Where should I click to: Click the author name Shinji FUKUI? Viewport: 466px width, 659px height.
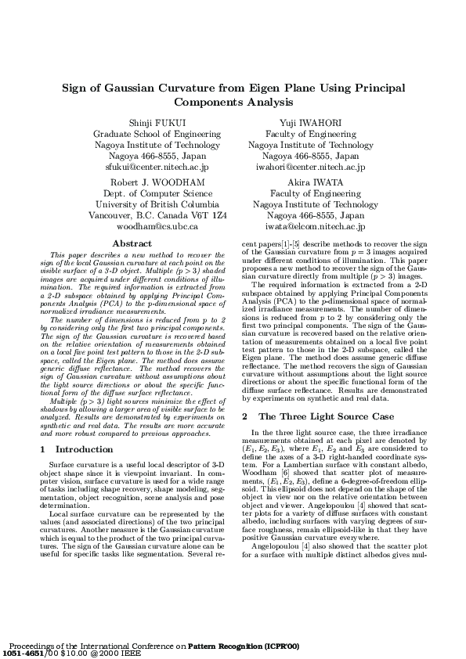click(157, 124)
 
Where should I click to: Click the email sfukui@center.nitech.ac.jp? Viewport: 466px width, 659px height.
click(157, 167)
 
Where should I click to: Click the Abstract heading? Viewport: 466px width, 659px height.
click(132, 244)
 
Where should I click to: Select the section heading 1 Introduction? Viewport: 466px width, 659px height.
click(76, 449)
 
